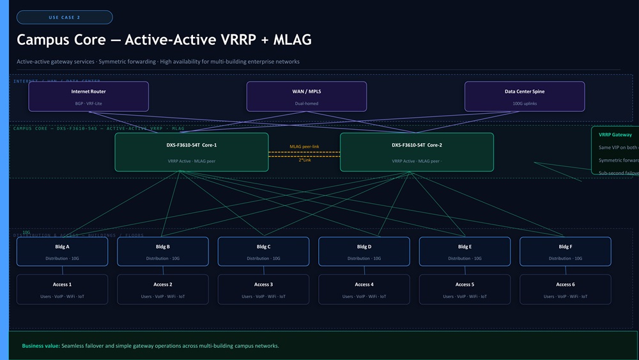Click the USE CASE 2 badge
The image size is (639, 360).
click(x=65, y=17)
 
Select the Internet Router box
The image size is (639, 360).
click(x=89, y=97)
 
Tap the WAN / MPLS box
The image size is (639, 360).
click(x=307, y=97)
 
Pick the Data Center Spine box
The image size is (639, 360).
click(x=525, y=97)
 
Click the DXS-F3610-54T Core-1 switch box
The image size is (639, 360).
click(x=192, y=152)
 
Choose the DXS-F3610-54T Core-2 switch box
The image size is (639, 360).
click(x=417, y=152)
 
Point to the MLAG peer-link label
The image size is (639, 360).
click(x=304, y=146)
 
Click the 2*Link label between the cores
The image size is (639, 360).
click(x=305, y=160)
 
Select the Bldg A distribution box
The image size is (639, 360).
click(x=63, y=251)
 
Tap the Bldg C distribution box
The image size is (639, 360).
click(x=263, y=251)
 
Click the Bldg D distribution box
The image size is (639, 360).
click(x=364, y=251)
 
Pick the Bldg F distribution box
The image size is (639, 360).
click(x=565, y=251)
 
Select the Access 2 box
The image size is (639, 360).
click(x=162, y=290)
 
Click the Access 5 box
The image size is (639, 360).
click(x=465, y=290)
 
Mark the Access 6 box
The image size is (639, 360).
click(x=565, y=290)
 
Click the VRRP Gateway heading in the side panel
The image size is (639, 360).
click(x=615, y=135)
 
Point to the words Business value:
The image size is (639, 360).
click(x=41, y=346)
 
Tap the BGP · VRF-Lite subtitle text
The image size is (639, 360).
click(x=88, y=103)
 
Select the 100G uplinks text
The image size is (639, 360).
click(x=525, y=103)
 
